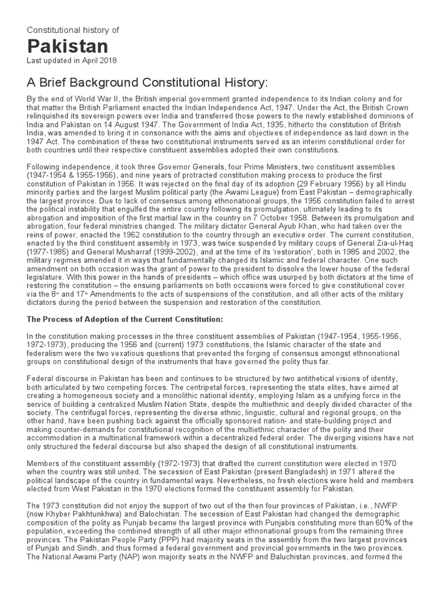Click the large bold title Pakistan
click(x=67, y=46)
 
